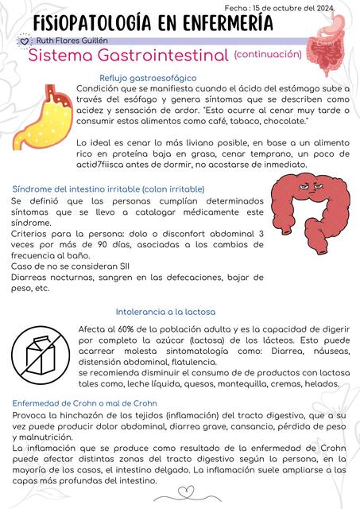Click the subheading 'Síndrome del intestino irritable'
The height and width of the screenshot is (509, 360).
coord(108,188)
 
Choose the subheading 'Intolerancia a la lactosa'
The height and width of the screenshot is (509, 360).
coord(166,312)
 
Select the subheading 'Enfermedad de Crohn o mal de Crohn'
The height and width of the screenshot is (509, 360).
coord(83,403)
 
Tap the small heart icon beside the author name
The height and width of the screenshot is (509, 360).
coord(24,40)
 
